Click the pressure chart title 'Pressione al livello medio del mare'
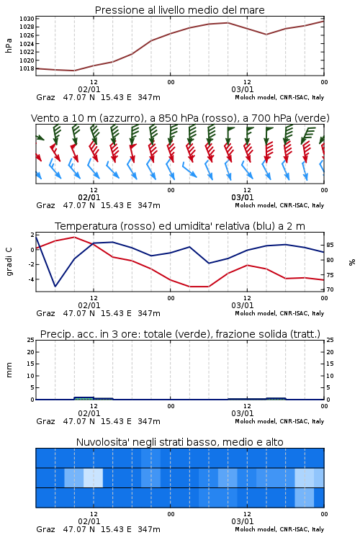click(179, 10)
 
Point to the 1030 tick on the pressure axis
click(27, 19)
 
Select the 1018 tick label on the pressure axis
click(27, 68)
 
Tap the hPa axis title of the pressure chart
click(9, 45)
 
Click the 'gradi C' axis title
click(9, 261)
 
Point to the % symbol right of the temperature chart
click(352, 262)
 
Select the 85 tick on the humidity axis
click(330, 246)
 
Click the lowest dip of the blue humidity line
click(55, 287)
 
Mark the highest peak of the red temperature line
click(74, 237)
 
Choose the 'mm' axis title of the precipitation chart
click(9, 370)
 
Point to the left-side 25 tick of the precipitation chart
click(31, 340)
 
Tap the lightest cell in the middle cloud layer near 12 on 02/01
click(94, 477)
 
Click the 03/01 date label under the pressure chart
click(243, 89)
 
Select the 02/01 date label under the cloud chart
click(89, 521)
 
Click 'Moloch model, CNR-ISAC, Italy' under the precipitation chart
click(279, 421)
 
